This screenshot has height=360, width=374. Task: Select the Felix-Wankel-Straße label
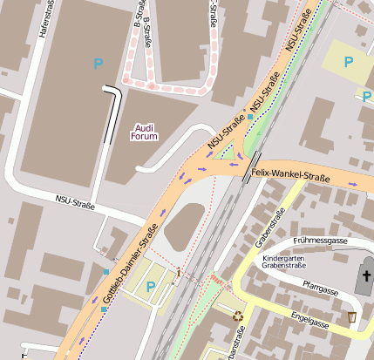(x=289, y=176)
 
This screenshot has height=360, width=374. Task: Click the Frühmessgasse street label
(x=322, y=241)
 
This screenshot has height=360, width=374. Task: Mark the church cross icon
(x=366, y=277)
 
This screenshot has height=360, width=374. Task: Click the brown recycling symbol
(x=237, y=316)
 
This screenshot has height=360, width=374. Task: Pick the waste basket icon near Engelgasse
(x=351, y=316)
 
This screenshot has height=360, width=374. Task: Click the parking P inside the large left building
(x=98, y=64)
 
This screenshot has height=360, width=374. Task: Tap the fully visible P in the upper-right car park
(x=349, y=62)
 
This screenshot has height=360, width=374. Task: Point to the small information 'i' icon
(x=179, y=274)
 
